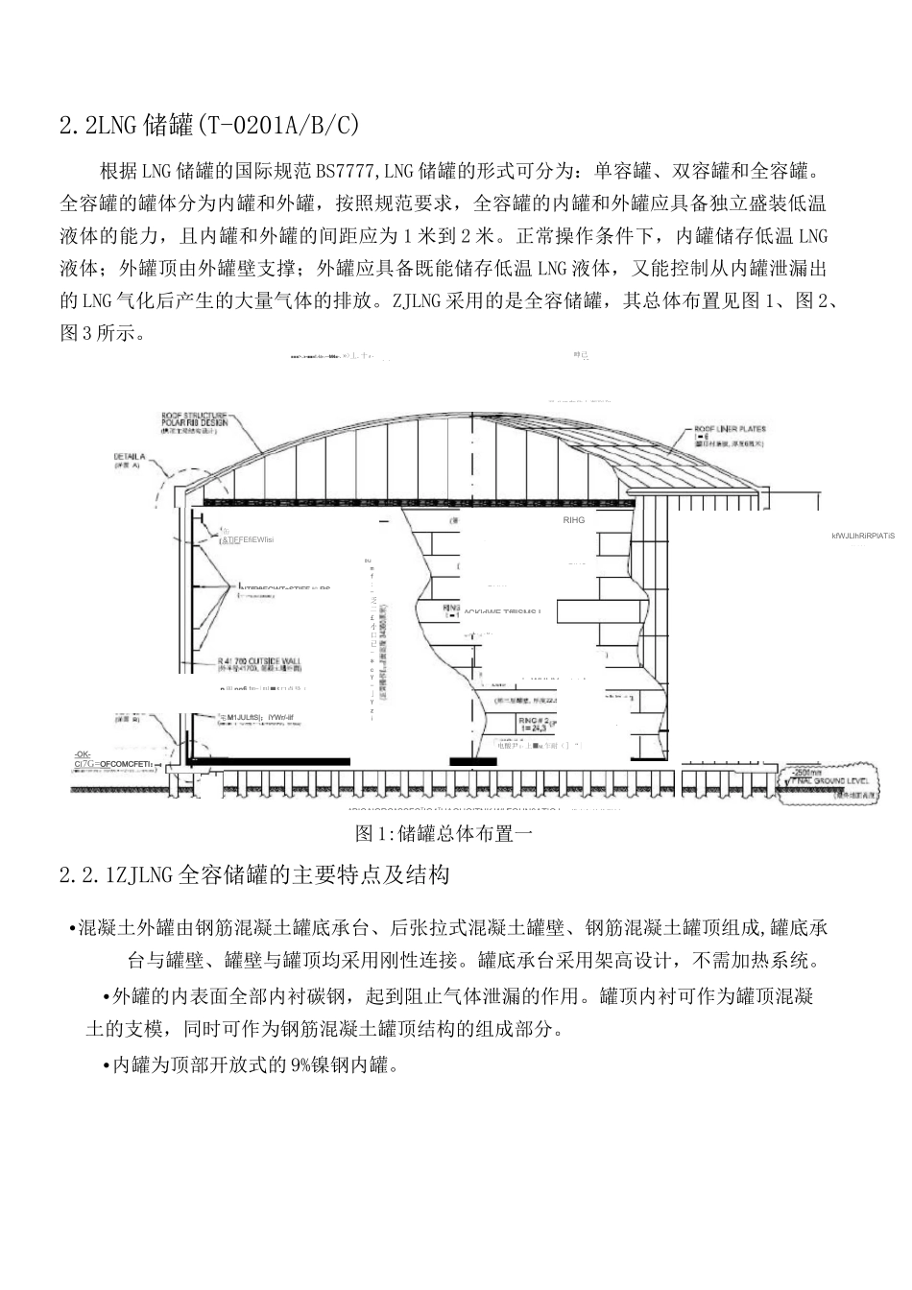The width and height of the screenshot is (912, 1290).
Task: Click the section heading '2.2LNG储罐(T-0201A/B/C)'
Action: pyautogui.click(x=209, y=126)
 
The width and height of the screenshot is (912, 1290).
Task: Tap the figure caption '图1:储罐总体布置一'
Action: pyautogui.click(x=444, y=833)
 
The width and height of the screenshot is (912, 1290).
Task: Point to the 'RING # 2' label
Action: pyautogui.click(x=534, y=718)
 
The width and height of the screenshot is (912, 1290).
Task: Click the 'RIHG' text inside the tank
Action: pyautogui.click(x=573, y=520)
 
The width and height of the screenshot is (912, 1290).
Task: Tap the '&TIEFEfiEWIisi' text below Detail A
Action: pyautogui.click(x=247, y=540)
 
